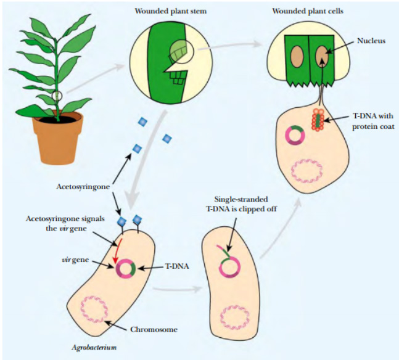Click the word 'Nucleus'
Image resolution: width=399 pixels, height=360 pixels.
(371, 41)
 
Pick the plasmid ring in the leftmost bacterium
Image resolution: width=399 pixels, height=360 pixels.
(127, 269)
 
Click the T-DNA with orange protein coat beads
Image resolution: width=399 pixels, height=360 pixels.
(318, 120)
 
